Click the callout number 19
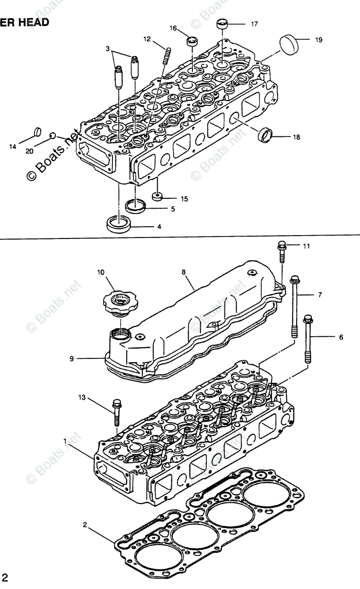point(319,40)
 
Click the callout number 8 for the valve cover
point(184,270)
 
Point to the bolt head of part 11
point(281,244)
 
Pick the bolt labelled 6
point(308,339)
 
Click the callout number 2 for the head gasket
point(85,525)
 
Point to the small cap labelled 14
point(36,132)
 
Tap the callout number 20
point(29,151)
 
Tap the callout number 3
point(108,48)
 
